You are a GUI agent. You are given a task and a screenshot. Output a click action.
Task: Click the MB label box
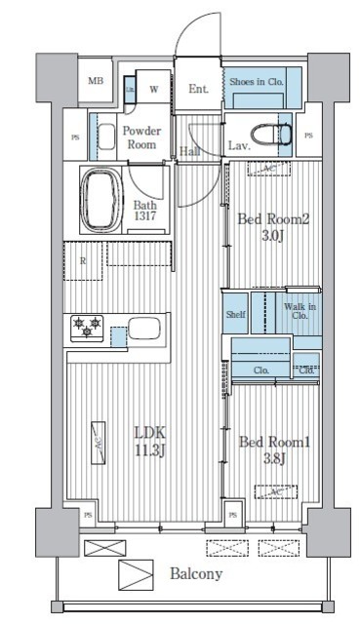96,82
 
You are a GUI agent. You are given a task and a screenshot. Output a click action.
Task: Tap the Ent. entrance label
198,89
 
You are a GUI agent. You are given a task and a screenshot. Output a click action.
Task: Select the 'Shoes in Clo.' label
257,82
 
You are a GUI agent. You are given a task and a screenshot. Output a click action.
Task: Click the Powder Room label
140,137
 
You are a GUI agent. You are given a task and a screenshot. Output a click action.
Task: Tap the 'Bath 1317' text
144,212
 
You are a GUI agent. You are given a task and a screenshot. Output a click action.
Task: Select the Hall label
191,151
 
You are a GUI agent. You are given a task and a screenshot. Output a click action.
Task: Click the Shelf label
235,314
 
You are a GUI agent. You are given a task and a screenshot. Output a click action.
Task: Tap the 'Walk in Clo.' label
299,311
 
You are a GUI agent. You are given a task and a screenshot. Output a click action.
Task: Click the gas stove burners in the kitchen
85,327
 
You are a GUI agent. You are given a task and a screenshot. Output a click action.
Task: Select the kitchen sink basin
145,328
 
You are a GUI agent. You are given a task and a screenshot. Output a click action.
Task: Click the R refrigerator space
84,261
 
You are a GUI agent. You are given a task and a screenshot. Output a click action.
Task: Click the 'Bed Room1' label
274,442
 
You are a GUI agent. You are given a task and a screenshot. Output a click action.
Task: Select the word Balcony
196,573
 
